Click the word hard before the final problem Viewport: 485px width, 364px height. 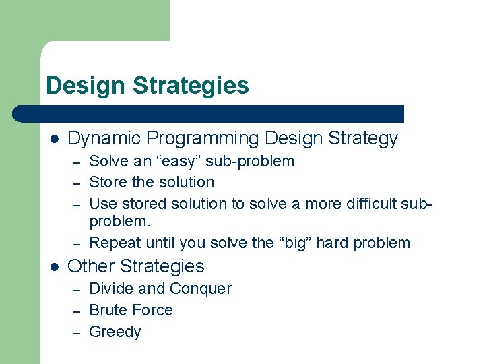335,243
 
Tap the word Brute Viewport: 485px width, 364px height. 108,311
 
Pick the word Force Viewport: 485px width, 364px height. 152,311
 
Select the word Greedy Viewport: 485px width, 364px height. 115,332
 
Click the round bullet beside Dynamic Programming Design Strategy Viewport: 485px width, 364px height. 54,140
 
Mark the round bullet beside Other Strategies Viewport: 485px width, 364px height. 54,266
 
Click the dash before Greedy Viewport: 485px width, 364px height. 77,332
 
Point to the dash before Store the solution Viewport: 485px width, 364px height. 77,183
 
